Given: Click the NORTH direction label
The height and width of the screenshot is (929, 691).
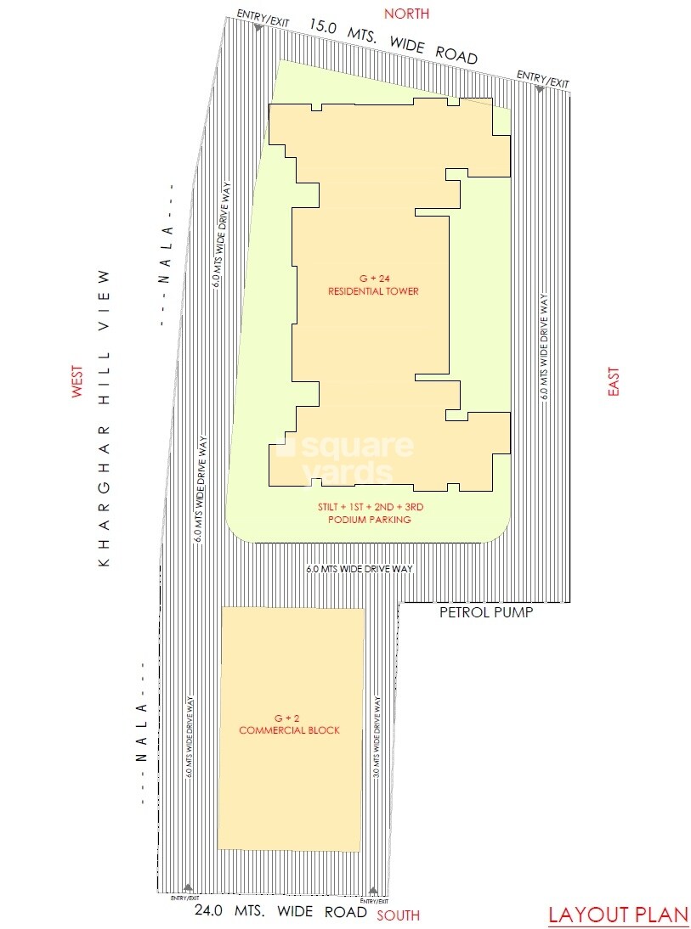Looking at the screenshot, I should [406, 14].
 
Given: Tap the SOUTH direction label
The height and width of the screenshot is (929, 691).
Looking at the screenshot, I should [398, 915].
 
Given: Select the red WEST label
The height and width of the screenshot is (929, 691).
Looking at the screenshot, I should [77, 382].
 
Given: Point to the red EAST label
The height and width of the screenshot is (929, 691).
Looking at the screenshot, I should [614, 381].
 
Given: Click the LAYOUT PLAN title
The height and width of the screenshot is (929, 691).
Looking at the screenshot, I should [618, 915].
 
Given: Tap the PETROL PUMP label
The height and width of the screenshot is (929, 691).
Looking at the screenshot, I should [485, 612].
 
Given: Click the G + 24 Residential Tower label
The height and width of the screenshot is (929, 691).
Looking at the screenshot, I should [373, 285].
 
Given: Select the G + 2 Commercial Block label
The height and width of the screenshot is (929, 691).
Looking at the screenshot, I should [289, 723].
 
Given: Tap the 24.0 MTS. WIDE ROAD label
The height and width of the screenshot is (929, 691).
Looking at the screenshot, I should [280, 913].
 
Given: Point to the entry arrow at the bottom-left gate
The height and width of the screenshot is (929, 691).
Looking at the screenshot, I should [187, 888].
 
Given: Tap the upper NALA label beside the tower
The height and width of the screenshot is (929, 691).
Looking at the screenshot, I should [167, 255].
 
